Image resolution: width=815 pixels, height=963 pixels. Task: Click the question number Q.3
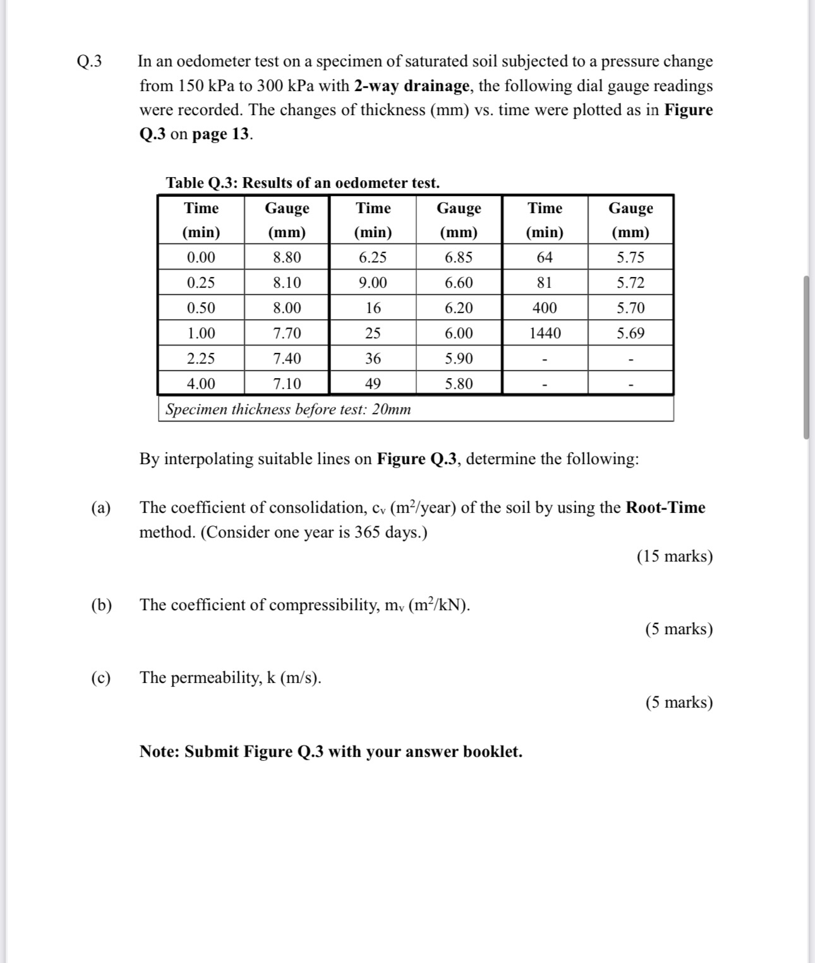(89, 61)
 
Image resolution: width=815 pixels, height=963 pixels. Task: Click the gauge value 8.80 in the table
(287, 257)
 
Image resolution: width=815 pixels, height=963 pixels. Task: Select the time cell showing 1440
(545, 333)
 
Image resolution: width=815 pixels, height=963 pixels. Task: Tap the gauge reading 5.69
(631, 333)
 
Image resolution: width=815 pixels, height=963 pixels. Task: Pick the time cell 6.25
(373, 257)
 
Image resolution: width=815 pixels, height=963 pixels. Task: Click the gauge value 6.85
(459, 257)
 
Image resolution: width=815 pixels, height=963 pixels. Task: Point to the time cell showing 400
(545, 308)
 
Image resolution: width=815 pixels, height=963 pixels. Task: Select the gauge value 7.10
(287, 384)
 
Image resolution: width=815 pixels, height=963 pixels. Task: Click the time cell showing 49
(373, 384)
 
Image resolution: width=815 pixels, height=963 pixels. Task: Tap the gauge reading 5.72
(631, 283)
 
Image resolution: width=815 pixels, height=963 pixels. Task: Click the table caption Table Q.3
(302, 183)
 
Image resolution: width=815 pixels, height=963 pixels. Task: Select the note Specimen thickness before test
(288, 409)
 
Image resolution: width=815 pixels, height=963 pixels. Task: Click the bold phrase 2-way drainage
(411, 85)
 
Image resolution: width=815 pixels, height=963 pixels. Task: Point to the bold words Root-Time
(665, 508)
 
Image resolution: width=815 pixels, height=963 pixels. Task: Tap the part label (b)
(101, 605)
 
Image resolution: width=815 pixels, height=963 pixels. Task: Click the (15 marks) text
(674, 556)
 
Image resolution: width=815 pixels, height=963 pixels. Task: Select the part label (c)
(101, 678)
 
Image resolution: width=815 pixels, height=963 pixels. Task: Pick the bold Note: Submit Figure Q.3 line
(330, 751)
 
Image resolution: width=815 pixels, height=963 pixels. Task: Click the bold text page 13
(221, 134)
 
